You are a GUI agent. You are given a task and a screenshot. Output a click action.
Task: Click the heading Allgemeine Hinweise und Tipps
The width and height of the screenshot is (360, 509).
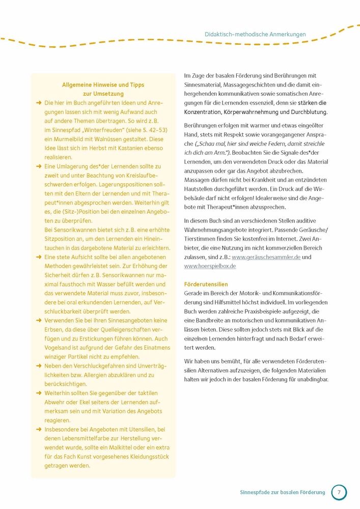[x=103, y=85]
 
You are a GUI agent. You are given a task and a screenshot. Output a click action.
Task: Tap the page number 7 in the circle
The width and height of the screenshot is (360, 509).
[x=339, y=492]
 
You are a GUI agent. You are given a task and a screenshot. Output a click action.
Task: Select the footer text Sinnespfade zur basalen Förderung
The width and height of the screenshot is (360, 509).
[x=282, y=492]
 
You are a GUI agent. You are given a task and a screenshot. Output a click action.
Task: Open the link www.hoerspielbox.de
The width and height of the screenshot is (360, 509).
[x=210, y=266]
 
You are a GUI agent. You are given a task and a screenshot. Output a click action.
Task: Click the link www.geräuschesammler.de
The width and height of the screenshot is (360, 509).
[x=266, y=257]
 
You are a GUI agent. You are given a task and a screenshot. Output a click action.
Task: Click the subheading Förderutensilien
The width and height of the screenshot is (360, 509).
[x=206, y=284]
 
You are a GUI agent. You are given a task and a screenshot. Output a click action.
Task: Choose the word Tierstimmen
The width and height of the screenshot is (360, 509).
[x=203, y=239]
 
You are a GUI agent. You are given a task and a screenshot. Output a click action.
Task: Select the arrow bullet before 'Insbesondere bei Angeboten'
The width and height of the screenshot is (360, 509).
[x=39, y=429]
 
